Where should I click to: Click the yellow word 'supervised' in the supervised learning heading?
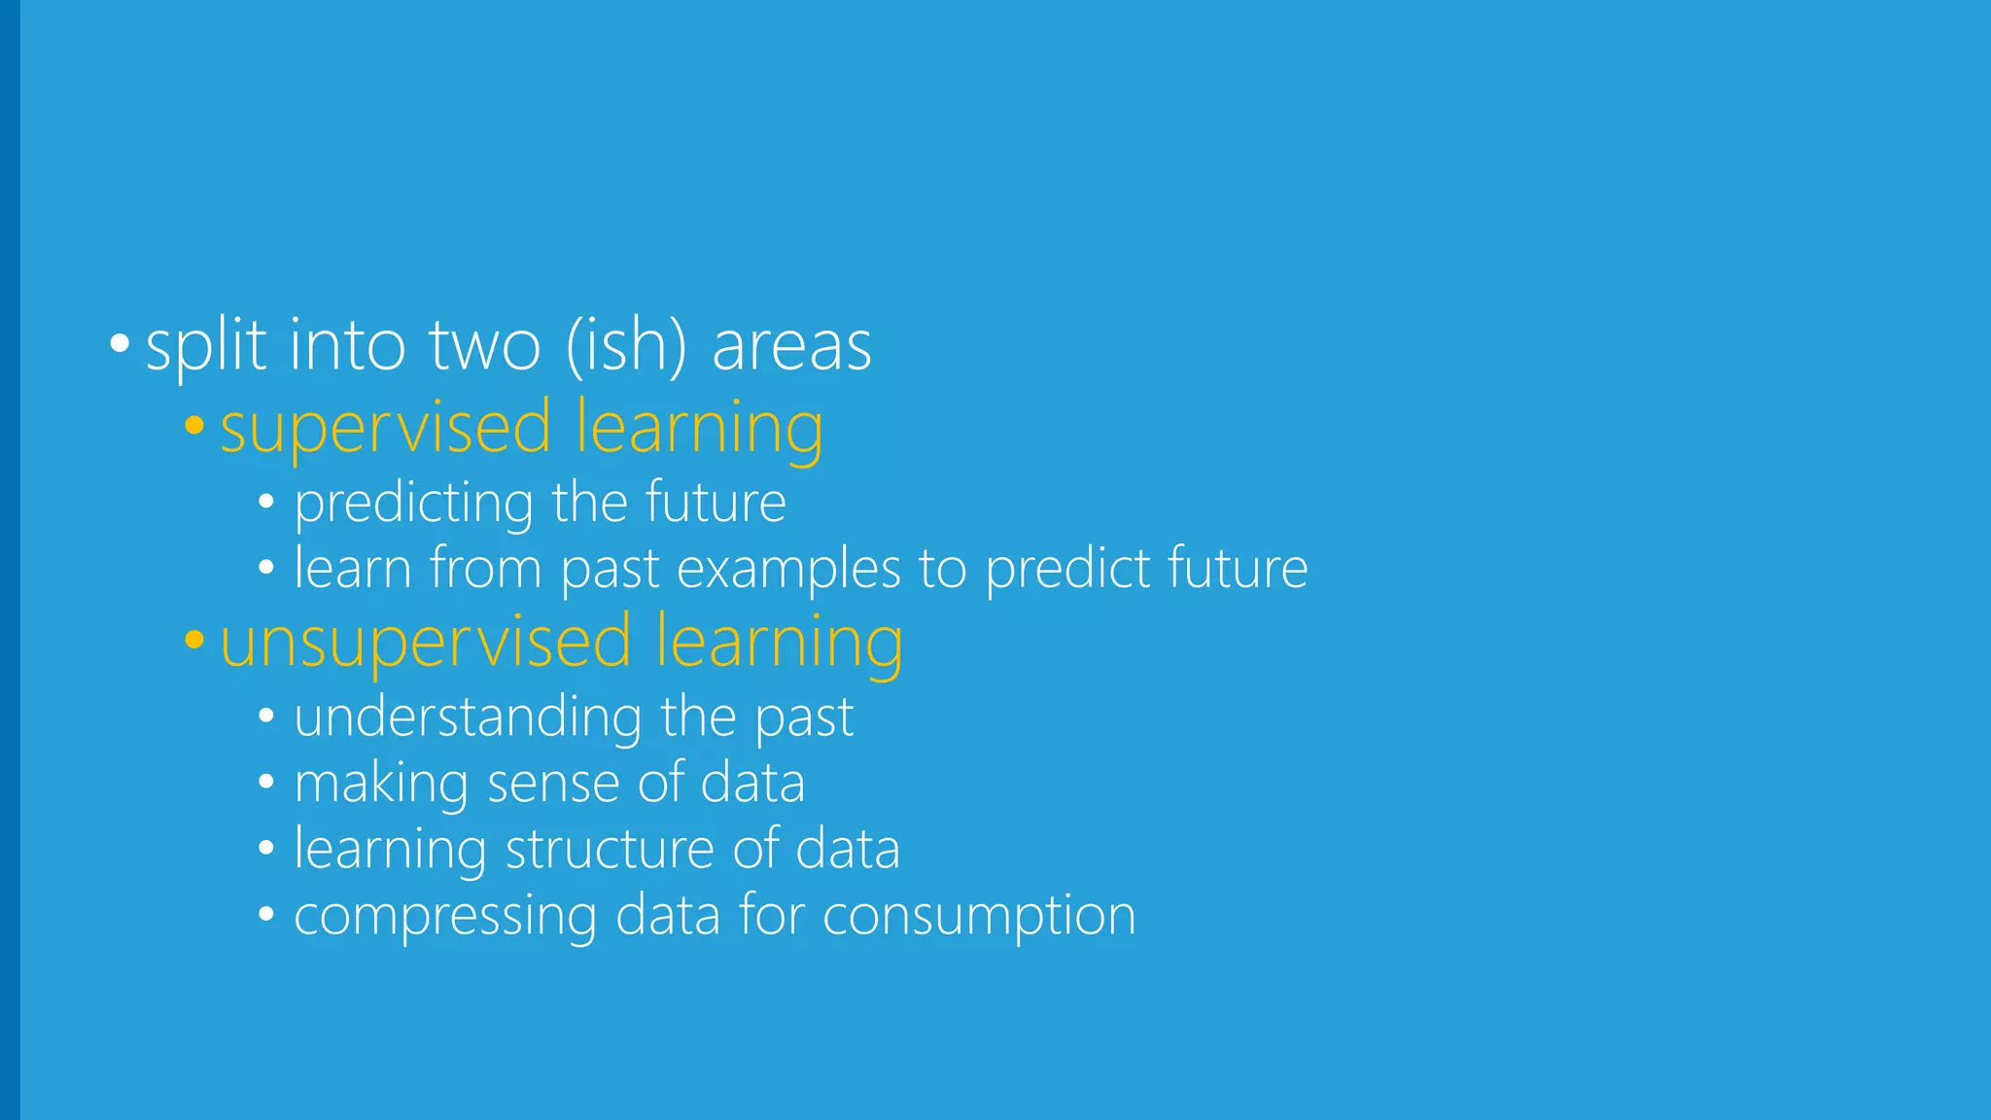pos(386,429)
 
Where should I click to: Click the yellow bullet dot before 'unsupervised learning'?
pos(194,640)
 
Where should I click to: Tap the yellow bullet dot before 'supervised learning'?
pos(194,425)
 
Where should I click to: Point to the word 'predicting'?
pos(414,504)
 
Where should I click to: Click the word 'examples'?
pos(788,570)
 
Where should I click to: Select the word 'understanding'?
pos(468,717)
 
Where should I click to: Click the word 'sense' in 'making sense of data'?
pos(552,784)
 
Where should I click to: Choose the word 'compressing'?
pos(445,917)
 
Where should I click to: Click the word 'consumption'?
pos(979,917)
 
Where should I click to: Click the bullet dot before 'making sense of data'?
pos(266,783)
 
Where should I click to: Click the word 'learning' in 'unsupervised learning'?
pos(779,643)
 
